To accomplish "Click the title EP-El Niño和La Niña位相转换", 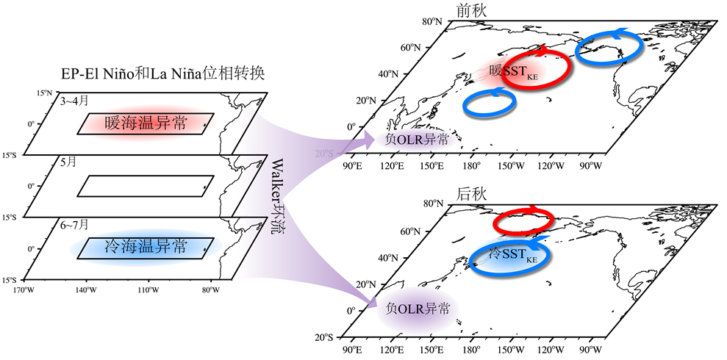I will click(x=164, y=75).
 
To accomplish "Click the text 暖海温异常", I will click(x=146, y=123).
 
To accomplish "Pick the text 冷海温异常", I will click(x=146, y=248).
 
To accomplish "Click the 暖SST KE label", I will click(x=515, y=71).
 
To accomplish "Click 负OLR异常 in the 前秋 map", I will click(x=416, y=140).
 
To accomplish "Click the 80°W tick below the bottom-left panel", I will click(x=210, y=289).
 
